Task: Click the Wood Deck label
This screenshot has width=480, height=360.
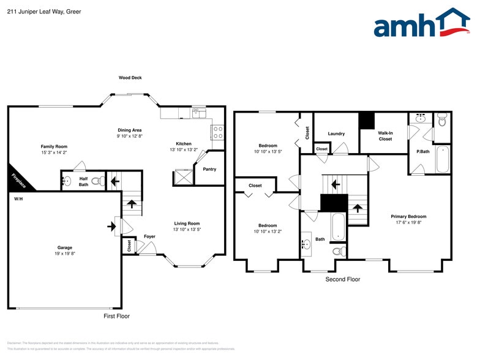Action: pos(130,78)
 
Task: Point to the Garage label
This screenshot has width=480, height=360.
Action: pos(65,248)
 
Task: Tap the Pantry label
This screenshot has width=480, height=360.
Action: pos(209,169)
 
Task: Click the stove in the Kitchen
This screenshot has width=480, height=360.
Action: pos(217,132)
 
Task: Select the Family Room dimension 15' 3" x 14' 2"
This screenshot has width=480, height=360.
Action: pos(54,152)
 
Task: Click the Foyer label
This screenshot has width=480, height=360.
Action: pos(149,236)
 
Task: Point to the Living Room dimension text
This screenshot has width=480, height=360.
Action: pos(187,230)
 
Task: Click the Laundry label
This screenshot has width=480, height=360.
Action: pos(336,133)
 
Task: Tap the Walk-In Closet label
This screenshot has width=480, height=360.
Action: pos(385,136)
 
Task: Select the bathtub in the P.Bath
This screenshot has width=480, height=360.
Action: pos(442,159)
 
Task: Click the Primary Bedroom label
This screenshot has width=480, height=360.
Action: pos(408,216)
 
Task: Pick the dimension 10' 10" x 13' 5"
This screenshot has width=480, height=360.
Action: pos(268,152)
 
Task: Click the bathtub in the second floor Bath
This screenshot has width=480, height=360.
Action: pos(337,227)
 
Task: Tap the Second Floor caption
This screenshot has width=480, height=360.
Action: pos(342,279)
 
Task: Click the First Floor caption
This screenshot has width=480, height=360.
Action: pos(116,317)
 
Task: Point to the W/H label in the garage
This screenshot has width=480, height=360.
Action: pos(18,200)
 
